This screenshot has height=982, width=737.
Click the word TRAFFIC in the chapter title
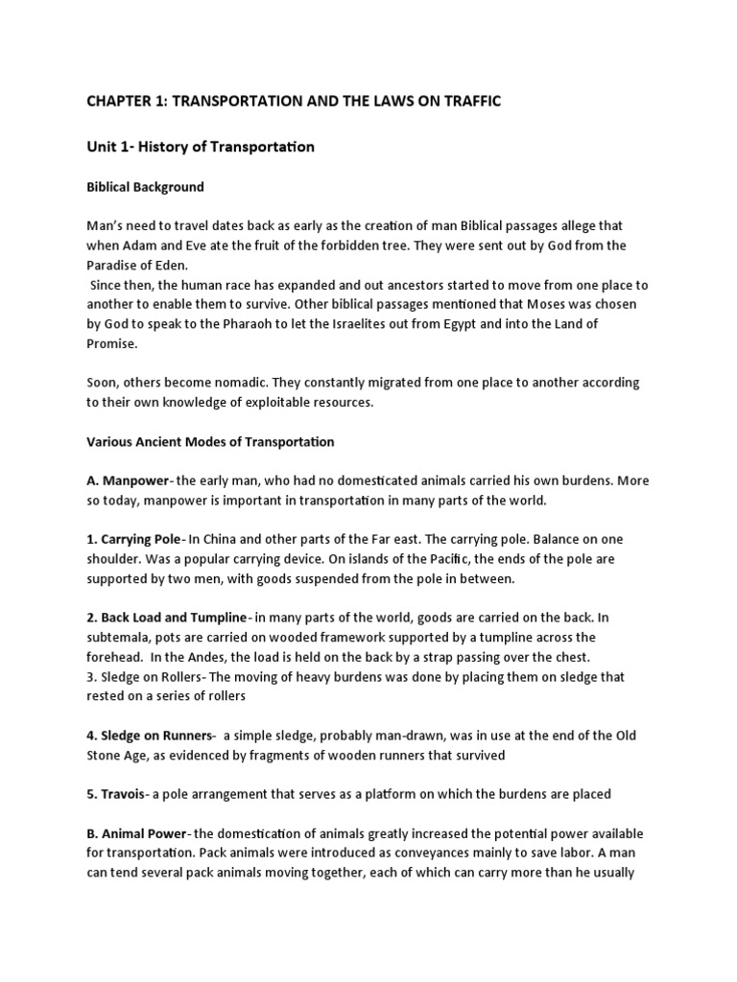468,101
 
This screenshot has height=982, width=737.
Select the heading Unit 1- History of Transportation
201,148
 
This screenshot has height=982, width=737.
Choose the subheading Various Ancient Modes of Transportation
210,442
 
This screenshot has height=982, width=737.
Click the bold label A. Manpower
126,481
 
